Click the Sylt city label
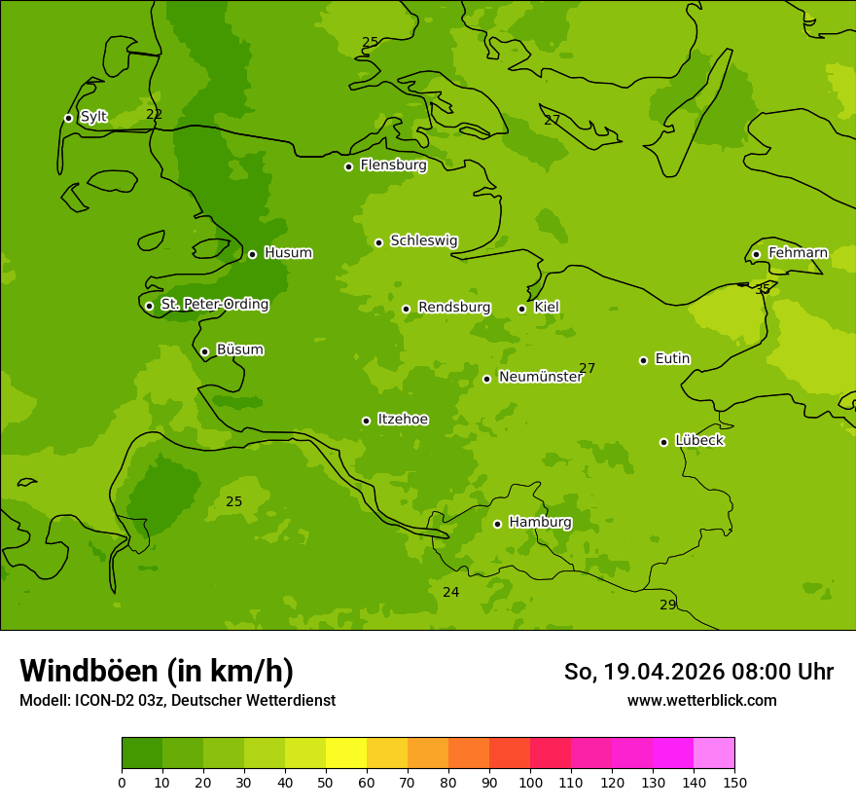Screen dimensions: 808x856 93,117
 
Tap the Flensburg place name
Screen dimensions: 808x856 393,165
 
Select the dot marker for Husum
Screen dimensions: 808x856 252,254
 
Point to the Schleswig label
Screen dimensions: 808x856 423,240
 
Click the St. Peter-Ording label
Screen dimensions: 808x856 214,305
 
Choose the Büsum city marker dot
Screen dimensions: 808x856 204,351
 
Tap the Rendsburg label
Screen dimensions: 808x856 454,308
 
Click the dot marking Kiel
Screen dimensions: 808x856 521,309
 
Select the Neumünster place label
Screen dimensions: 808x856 540,377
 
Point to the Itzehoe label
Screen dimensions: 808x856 403,420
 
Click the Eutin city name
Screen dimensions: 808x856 672,359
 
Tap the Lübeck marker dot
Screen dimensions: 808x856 663,442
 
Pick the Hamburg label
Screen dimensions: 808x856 540,522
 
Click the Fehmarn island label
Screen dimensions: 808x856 798,253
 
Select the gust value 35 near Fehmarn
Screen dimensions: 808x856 763,289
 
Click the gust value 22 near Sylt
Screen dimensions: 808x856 154,114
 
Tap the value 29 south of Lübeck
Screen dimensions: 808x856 667,605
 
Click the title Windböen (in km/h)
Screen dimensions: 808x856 157,671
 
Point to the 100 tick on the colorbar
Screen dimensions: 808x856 530,782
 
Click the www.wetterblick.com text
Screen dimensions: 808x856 701,700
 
